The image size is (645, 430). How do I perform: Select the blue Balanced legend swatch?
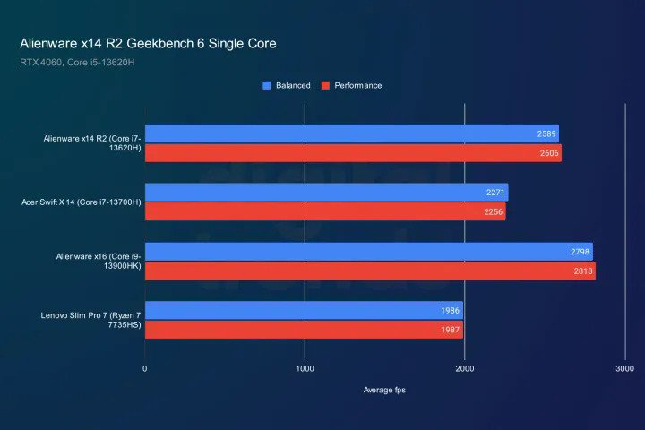[x=266, y=86]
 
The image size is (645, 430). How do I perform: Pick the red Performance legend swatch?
[x=327, y=86]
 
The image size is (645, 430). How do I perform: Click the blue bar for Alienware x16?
[x=368, y=251]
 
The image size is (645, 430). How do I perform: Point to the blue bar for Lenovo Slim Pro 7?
[x=304, y=310]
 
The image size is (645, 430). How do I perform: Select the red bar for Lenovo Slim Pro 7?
[x=304, y=330]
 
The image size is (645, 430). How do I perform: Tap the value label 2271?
[x=494, y=192]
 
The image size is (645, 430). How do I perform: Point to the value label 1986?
[x=450, y=310]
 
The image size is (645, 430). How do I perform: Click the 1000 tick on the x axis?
[x=305, y=368]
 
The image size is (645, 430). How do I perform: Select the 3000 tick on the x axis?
[x=624, y=368]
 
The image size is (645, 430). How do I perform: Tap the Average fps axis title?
[x=384, y=390]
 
